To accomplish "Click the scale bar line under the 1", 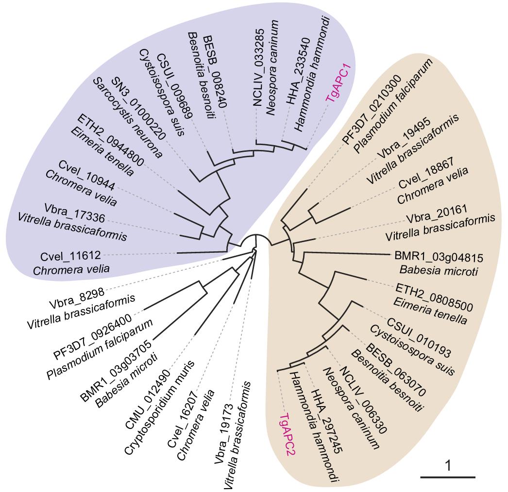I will tap(447, 478).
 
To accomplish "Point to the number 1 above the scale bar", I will tap(448, 466).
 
